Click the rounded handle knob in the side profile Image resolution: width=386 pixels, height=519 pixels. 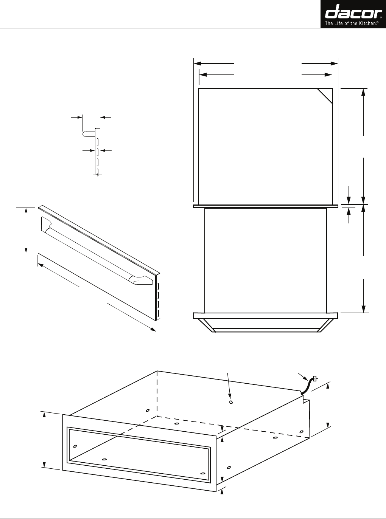click(x=88, y=133)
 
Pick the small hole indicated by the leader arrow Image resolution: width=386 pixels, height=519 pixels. click(x=231, y=402)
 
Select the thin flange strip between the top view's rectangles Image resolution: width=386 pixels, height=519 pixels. click(x=265, y=206)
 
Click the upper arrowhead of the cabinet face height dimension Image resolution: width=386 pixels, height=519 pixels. click(x=45, y=415)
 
